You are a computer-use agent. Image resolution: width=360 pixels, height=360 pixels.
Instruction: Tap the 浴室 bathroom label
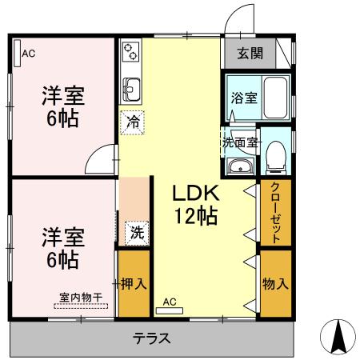click(x=243, y=98)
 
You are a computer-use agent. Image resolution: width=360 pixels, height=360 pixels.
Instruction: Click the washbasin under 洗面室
click(x=240, y=166)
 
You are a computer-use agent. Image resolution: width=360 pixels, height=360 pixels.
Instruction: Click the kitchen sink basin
click(x=130, y=86)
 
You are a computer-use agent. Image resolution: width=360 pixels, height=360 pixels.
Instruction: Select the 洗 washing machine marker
click(x=137, y=234)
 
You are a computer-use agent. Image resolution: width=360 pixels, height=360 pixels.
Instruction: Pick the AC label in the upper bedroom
click(x=29, y=54)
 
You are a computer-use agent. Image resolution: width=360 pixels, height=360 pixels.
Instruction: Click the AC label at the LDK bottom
click(x=169, y=302)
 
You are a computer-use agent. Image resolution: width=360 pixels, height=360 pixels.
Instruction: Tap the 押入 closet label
click(x=133, y=284)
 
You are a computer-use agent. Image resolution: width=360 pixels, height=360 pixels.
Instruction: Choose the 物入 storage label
click(x=275, y=283)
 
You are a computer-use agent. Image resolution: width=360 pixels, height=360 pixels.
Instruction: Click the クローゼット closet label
click(x=275, y=213)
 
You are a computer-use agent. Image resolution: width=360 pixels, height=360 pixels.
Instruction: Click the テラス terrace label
click(x=152, y=338)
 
